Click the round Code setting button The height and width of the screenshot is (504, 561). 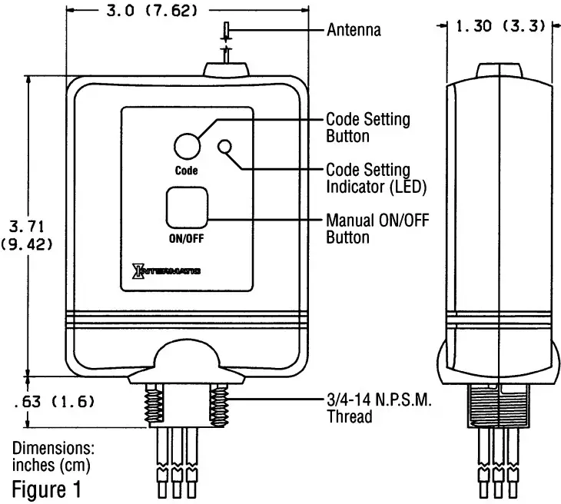click(186, 145)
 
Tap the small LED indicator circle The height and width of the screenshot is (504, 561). click(226, 147)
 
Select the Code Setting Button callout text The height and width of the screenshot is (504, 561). click(367, 128)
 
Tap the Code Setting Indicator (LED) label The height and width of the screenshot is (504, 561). click(376, 177)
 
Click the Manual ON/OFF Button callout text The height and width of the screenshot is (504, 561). click(377, 229)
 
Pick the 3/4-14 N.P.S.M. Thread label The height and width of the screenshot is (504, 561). click(377, 409)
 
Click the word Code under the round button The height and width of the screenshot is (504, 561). click(186, 171)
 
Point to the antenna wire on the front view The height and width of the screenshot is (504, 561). click(227, 42)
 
